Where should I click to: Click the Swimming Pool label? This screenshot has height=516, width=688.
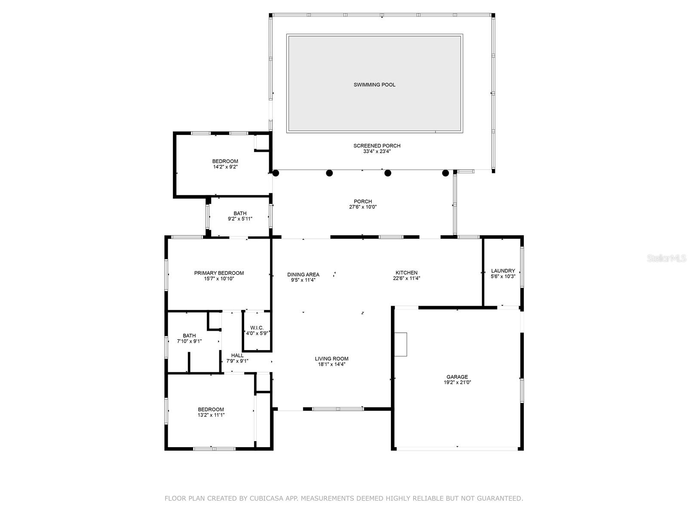374,85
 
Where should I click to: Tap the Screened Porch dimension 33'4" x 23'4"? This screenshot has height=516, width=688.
377,151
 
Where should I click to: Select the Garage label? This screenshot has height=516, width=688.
457,377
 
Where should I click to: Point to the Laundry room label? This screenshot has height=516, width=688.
503,271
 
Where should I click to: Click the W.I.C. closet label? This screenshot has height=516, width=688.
257,328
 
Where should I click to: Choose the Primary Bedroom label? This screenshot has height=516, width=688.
219,273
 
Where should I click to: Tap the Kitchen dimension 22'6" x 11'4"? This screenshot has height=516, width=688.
406,278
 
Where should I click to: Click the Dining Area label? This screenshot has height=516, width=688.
303,275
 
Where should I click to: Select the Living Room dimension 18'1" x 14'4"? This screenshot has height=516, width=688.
332,364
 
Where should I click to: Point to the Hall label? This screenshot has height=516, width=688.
237,355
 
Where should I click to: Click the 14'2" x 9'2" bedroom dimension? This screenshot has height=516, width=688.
225,167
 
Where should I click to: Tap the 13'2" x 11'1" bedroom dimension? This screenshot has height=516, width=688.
211,415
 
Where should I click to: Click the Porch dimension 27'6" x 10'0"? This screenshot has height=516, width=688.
362,207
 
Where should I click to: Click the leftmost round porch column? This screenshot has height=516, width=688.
276,173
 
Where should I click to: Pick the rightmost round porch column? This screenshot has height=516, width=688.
445,173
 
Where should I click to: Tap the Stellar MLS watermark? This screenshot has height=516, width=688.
666,258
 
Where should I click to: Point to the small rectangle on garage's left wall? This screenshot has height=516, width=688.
401,344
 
